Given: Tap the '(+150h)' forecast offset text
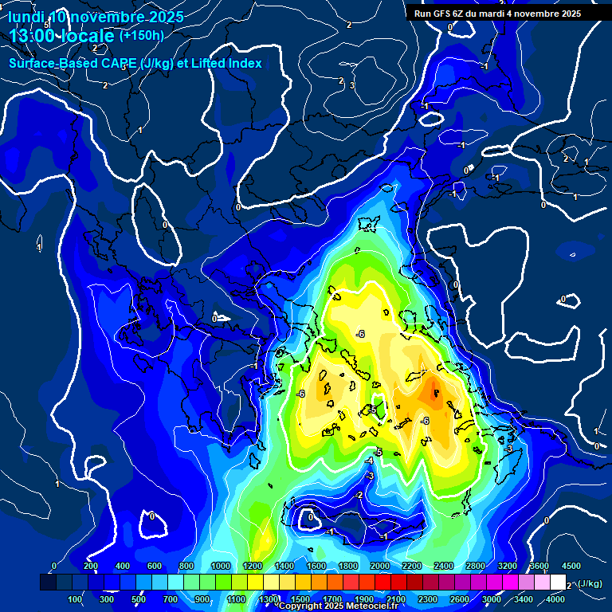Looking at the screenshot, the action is click(x=141, y=36).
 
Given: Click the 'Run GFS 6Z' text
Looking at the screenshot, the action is click(x=441, y=14).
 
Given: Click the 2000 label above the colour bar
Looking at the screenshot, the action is click(x=380, y=566).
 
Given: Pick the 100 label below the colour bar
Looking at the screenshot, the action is click(x=76, y=599).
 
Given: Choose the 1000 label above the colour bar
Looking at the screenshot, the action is click(x=221, y=566).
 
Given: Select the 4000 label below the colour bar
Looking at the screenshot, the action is click(x=555, y=599).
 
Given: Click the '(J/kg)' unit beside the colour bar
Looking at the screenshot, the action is click(x=589, y=584).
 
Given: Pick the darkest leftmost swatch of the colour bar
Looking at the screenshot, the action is click(x=48, y=583).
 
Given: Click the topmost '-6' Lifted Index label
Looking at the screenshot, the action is click(x=360, y=333).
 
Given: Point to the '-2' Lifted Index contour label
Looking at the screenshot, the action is click(x=360, y=495).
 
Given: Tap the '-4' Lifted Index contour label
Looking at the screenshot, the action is click(x=370, y=461).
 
